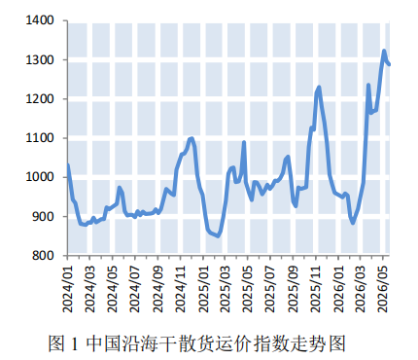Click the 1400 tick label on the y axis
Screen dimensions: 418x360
pos(40,20)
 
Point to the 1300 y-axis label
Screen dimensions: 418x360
pos(40,60)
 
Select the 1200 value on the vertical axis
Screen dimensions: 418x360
pos(40,99)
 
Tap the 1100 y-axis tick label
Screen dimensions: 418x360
pos(40,138)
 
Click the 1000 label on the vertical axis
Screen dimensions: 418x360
pos(40,177)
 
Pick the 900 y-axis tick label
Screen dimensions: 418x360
pos(43,216)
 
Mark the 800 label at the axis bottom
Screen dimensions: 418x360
pos(43,256)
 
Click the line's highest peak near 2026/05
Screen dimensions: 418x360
pos(384,51)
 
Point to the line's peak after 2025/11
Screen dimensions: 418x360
pos(319,88)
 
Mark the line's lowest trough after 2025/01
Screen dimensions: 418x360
pos(218,236)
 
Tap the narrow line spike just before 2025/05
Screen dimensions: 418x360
pos(244,142)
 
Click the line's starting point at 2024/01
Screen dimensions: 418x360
pos(68,165)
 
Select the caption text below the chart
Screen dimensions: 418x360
pos(196,343)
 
